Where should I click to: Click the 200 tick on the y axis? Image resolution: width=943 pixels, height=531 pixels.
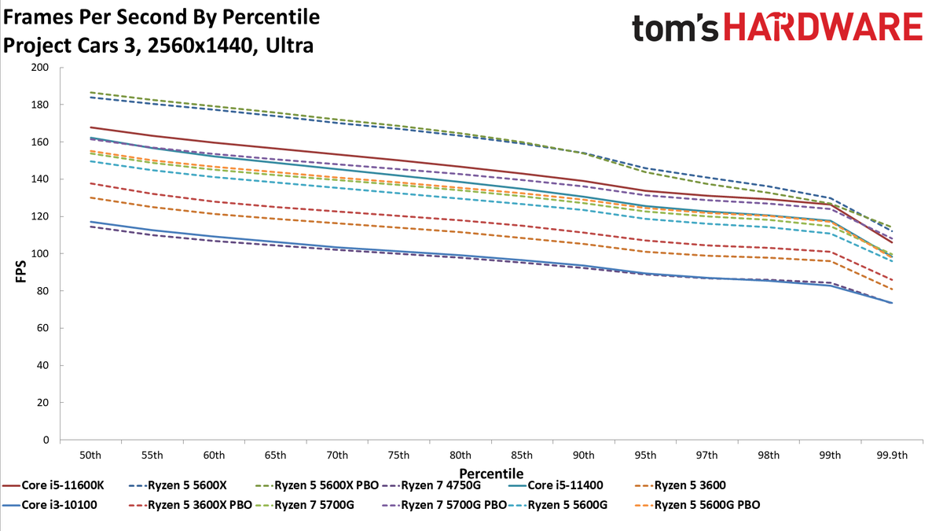coord(39,68)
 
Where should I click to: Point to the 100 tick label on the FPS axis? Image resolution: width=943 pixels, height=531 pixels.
coord(39,253)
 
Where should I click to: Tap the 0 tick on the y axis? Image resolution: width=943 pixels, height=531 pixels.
coord(46,440)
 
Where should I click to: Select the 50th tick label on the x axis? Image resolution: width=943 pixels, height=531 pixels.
coord(90,455)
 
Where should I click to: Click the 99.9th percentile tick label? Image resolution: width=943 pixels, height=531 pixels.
coord(892,455)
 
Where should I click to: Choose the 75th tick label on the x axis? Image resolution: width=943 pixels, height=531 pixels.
coord(398,455)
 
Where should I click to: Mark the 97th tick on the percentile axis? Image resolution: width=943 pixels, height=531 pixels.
coord(706,455)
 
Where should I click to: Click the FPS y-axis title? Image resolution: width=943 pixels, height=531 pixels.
coord(20,271)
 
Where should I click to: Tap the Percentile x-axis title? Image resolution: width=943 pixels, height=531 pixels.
coord(491,474)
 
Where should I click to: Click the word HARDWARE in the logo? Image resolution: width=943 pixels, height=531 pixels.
coord(824,27)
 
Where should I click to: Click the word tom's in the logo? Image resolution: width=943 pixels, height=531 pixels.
coord(675,28)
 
